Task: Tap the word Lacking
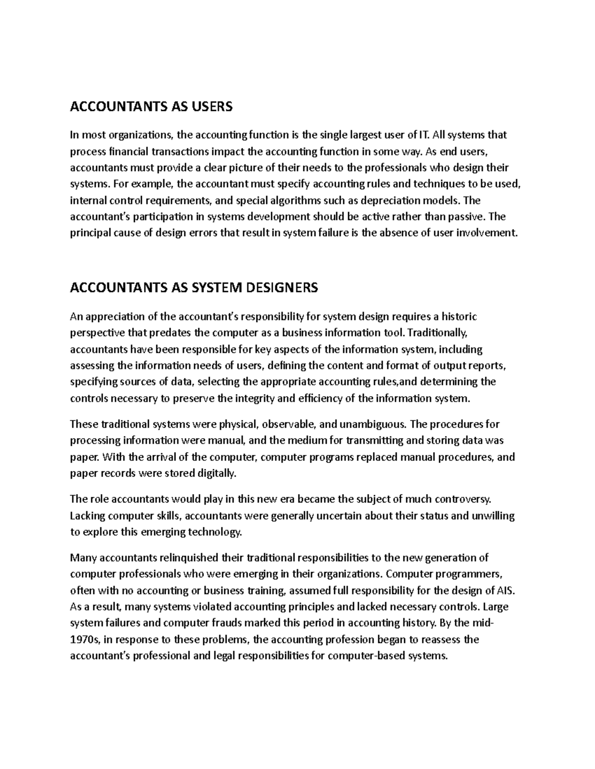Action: coord(88,515)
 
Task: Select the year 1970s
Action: coord(85,639)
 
